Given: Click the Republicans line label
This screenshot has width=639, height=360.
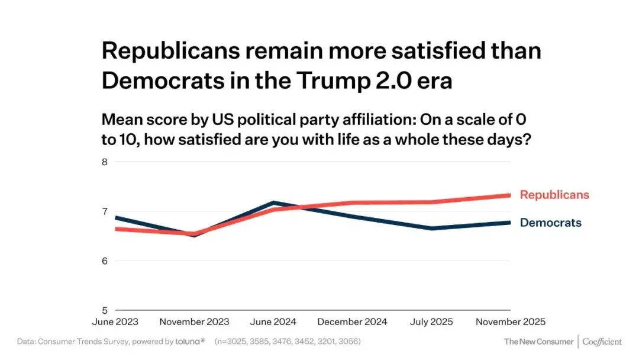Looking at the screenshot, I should click(554, 195).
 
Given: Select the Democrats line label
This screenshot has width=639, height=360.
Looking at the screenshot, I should click(550, 223).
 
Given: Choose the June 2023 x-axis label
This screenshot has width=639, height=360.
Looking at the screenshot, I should click(115, 322).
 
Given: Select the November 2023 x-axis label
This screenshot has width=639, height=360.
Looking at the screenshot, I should click(195, 322).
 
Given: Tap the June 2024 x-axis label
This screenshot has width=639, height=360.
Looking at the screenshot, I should click(273, 322).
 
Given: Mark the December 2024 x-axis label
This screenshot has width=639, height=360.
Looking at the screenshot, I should click(353, 322).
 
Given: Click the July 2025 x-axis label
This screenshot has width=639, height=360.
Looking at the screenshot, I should click(431, 322).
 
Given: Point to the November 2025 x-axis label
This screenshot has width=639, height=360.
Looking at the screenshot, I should click(511, 322).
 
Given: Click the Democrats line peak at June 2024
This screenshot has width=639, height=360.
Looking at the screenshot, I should click(273, 202).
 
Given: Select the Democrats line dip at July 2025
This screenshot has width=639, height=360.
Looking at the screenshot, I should click(431, 228).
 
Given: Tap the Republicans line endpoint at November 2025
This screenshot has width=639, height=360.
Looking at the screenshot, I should click(509, 195).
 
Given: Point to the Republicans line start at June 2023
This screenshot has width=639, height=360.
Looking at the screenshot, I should click(117, 229).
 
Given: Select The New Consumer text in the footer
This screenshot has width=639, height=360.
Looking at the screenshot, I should click(538, 342).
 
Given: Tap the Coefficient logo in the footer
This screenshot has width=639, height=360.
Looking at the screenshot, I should click(602, 342).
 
